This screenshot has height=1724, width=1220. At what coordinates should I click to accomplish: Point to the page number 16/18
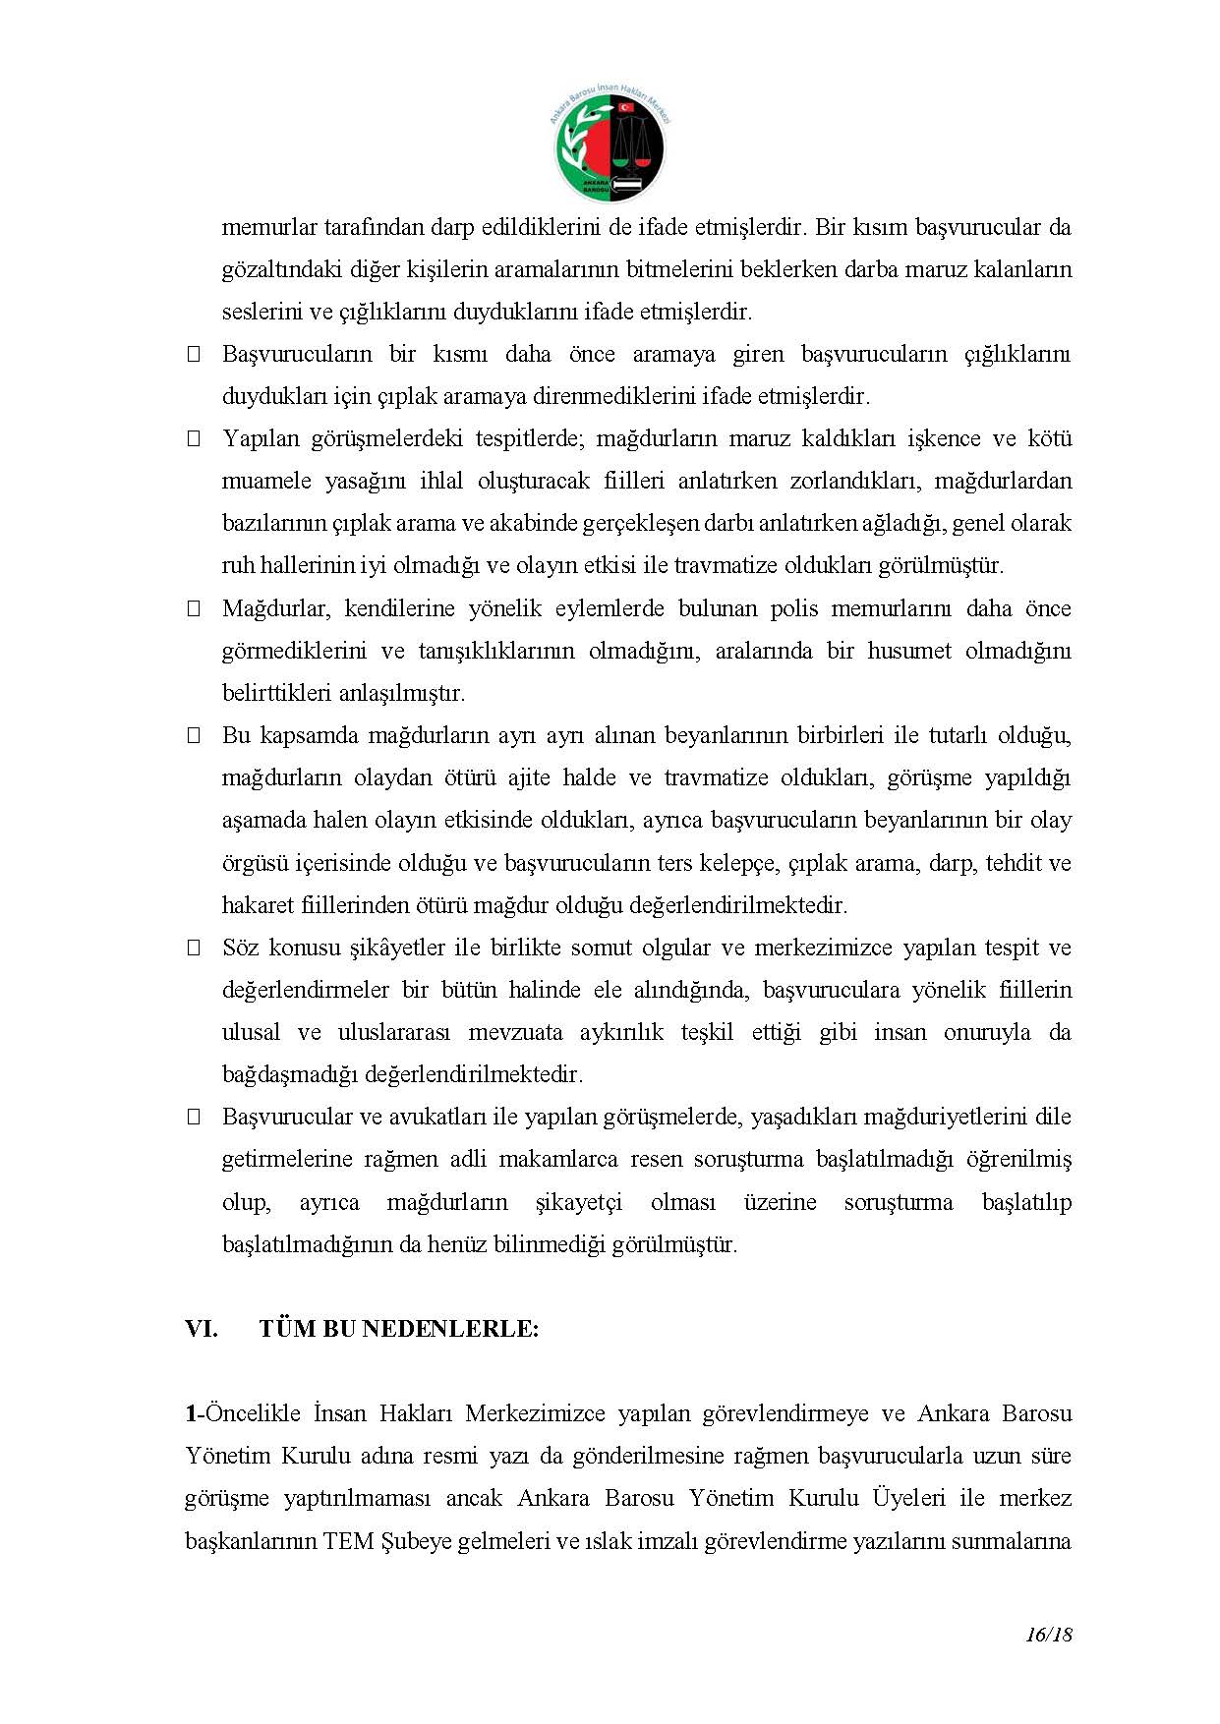(1048, 1635)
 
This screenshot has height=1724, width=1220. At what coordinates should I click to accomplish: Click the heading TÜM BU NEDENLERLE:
(399, 1329)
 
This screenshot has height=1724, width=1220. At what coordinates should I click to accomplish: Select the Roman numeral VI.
(201, 1329)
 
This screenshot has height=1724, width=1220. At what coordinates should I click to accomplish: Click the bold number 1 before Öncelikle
(191, 1413)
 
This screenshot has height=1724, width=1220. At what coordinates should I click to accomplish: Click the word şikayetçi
(579, 1202)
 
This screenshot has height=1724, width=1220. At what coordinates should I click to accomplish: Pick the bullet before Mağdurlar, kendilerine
(194, 608)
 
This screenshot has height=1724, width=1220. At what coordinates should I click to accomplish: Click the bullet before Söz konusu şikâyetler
(194, 948)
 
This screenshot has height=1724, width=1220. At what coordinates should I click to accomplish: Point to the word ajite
(532, 777)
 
